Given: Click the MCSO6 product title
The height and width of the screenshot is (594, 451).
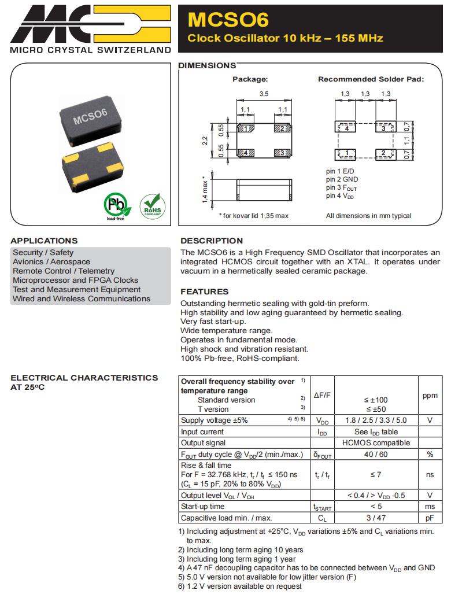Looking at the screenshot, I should (228, 20).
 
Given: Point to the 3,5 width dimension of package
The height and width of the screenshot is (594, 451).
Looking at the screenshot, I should (264, 93).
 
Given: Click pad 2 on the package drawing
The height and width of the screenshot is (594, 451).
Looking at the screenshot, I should (281, 128).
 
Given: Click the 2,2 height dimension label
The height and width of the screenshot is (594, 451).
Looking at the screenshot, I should (206, 141).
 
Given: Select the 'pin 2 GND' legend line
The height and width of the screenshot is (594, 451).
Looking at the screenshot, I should (342, 180).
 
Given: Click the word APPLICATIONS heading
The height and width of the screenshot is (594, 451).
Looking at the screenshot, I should (44, 241).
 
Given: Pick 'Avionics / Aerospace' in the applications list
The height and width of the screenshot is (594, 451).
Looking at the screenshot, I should (51, 261).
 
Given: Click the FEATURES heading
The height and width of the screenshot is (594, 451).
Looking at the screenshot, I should (204, 292).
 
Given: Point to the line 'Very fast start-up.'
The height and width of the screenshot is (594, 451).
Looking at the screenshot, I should (213, 322).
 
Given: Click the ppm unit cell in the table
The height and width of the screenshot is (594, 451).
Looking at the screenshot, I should (430, 396).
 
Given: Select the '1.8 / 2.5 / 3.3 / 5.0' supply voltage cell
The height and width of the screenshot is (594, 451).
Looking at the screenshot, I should (376, 420).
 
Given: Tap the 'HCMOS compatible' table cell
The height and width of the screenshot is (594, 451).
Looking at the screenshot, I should (376, 443).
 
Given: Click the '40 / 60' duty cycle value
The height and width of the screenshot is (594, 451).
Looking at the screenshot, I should (376, 455).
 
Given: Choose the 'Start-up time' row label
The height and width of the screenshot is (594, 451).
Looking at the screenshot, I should (202, 507).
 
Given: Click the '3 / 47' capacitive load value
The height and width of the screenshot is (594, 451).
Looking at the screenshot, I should (376, 518).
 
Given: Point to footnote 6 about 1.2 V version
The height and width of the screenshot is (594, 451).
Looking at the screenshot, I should (240, 586).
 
